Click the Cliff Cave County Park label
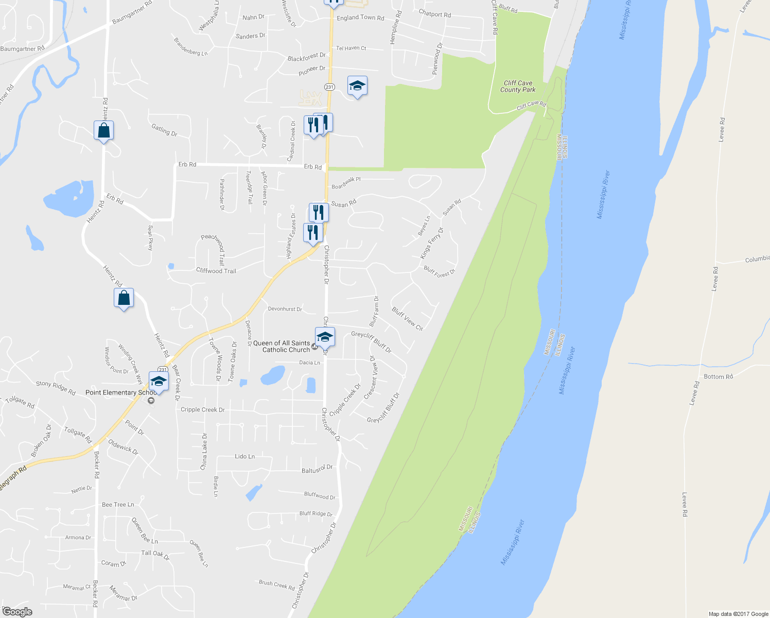(x=518, y=86)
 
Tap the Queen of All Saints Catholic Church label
(x=282, y=347)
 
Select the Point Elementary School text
(x=120, y=392)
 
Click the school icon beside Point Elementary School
(x=159, y=382)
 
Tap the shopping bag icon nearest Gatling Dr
(x=103, y=131)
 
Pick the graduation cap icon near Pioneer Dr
(x=357, y=86)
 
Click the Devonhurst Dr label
(x=285, y=309)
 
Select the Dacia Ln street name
(x=309, y=363)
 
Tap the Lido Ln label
(x=244, y=456)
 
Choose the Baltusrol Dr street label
(x=317, y=469)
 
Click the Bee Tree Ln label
(x=118, y=505)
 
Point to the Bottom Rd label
(x=718, y=377)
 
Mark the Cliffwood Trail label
(x=216, y=271)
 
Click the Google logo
(x=17, y=611)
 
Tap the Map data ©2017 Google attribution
(x=738, y=614)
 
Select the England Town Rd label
(x=360, y=18)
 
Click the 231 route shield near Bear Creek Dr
(x=163, y=369)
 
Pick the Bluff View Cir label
(x=407, y=319)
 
